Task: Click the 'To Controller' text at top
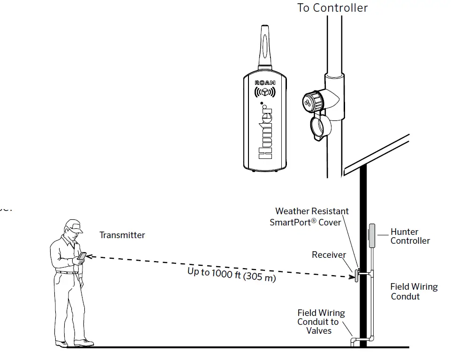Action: pyautogui.click(x=332, y=8)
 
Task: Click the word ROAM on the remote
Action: pyautogui.click(x=265, y=82)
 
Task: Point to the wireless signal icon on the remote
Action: pyautogui.click(x=265, y=92)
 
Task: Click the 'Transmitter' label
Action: pyautogui.click(x=122, y=235)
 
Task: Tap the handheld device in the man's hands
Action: pyautogui.click(x=82, y=256)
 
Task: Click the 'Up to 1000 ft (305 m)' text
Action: pyautogui.click(x=232, y=274)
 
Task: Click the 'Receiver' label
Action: pyautogui.click(x=329, y=255)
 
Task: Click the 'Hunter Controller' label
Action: pyautogui.click(x=410, y=236)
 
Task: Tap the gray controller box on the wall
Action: pyautogui.click(x=372, y=235)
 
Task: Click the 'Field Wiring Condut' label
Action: pyautogui.click(x=413, y=292)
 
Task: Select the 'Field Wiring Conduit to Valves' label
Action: pyautogui.click(x=321, y=322)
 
